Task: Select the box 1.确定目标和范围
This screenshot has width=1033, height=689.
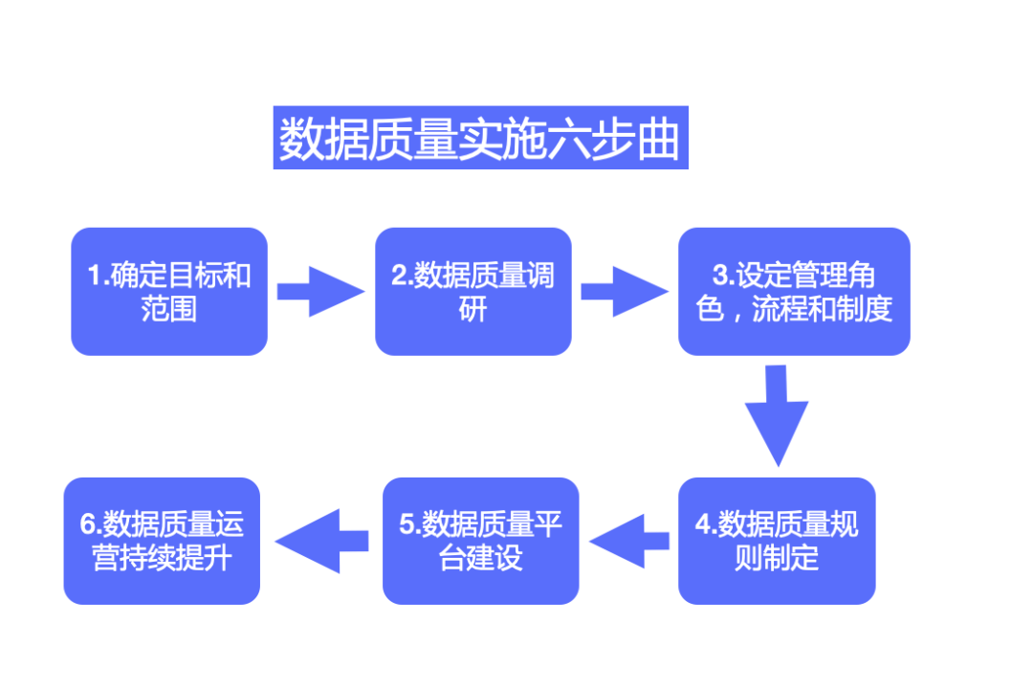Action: coord(169,292)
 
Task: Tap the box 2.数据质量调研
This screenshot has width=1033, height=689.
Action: coord(473,292)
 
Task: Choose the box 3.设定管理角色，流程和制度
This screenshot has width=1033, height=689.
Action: coord(794,292)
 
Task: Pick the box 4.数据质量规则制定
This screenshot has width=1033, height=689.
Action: coord(777,541)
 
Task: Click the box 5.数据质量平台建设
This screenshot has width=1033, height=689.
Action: coord(480,541)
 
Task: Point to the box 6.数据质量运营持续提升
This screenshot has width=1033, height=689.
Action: coord(162,541)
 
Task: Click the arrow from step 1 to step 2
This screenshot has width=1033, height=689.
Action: coord(320,292)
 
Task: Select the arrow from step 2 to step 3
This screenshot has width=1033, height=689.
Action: coord(624,292)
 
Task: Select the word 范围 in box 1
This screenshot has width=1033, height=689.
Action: coord(169,309)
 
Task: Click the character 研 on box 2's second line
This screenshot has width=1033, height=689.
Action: coord(473,309)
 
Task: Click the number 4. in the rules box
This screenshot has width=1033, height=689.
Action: coord(706,524)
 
